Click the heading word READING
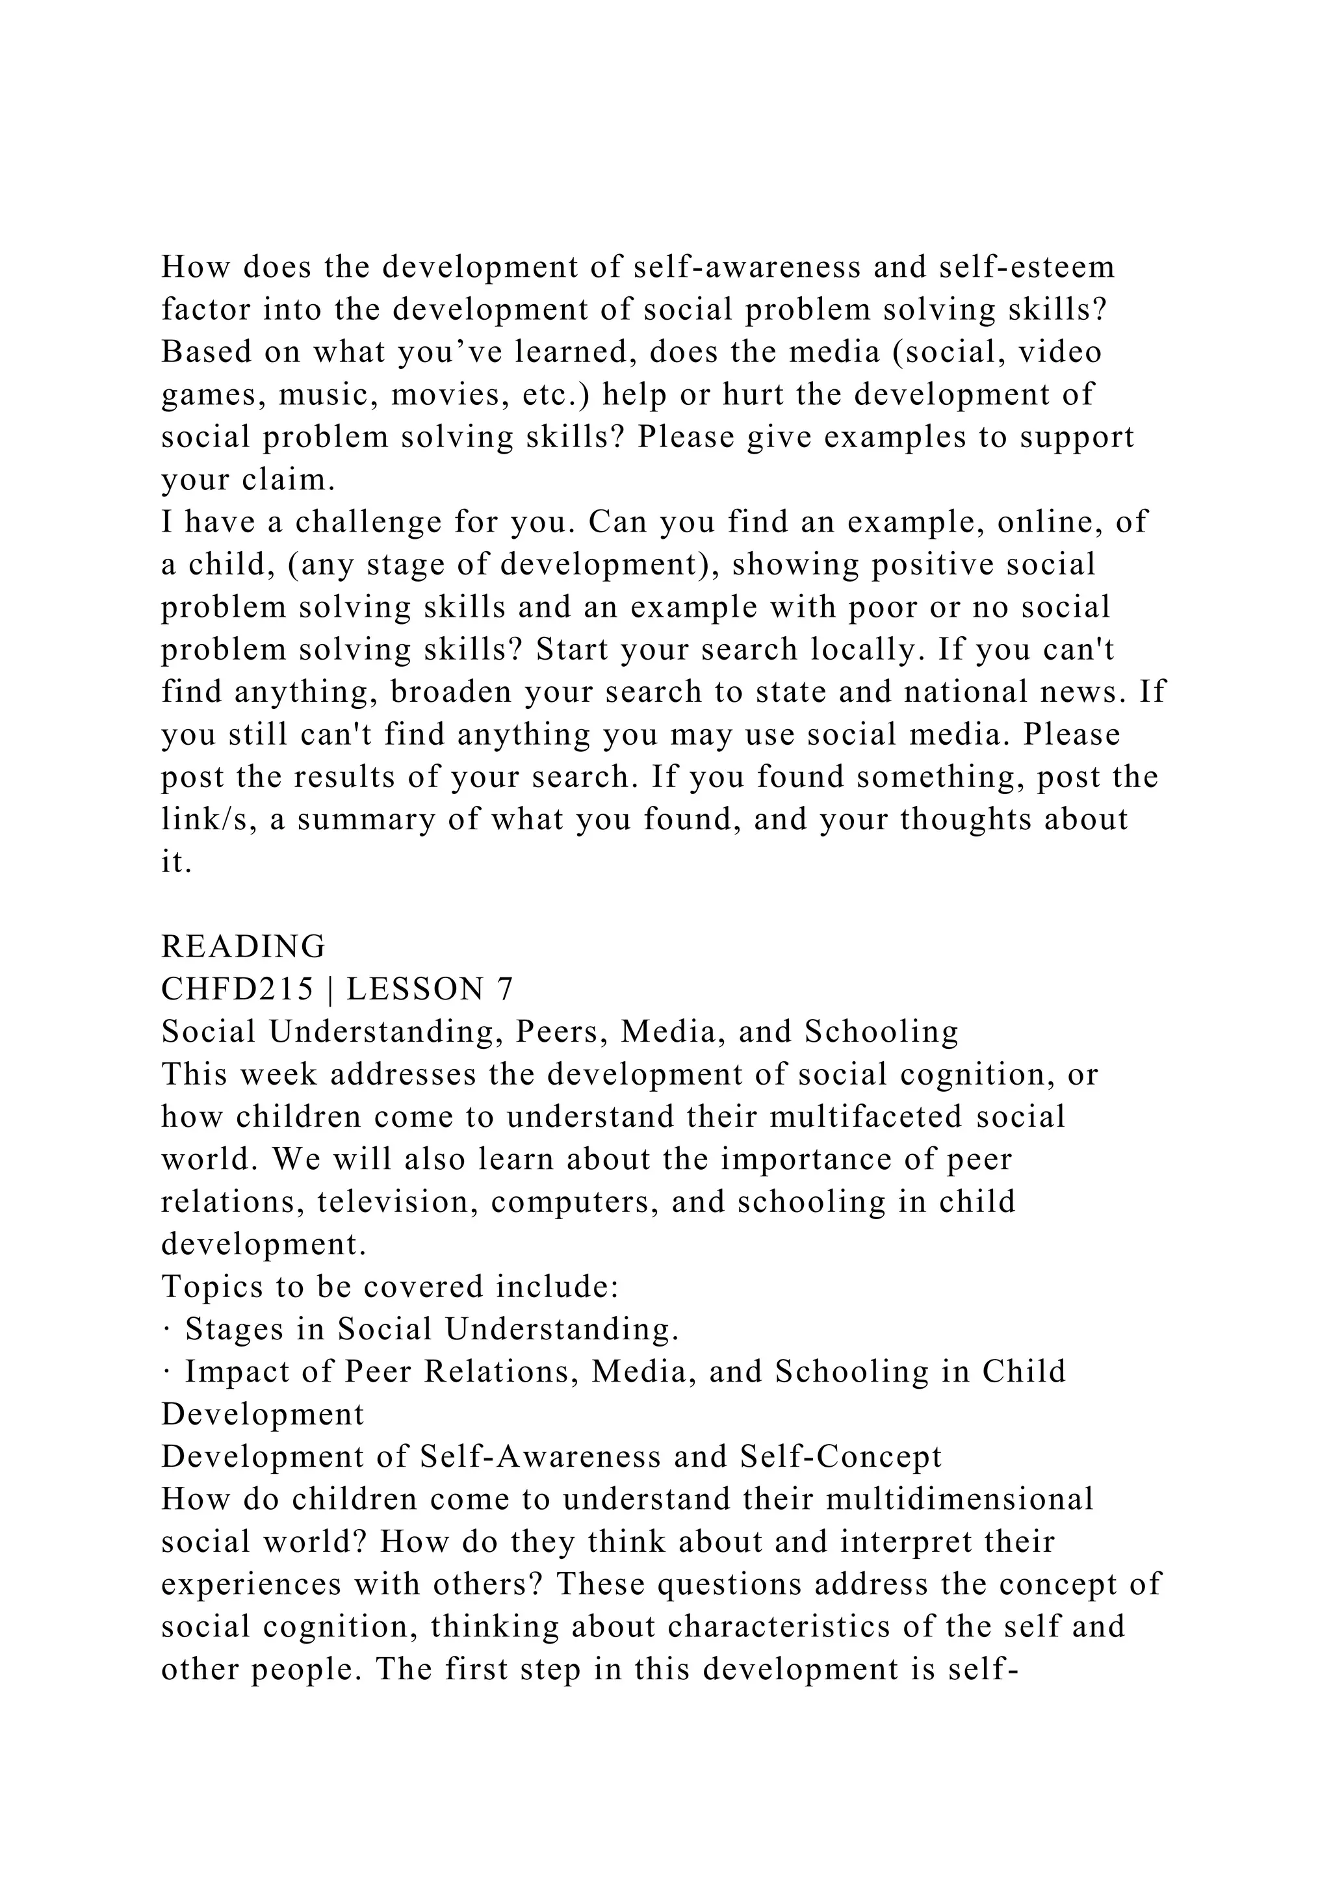tap(244, 947)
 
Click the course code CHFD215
tap(238, 989)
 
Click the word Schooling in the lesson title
tap(882, 1032)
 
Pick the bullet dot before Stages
tap(166, 1330)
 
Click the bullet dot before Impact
tap(166, 1372)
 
